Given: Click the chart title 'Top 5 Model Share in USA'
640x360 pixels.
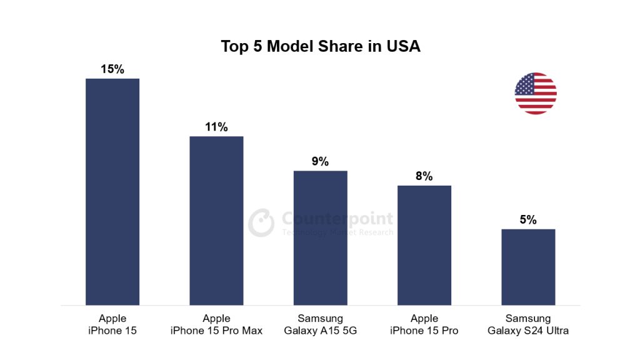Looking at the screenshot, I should pyautogui.click(x=320, y=46).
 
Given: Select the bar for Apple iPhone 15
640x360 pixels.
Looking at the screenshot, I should pyautogui.click(x=112, y=191).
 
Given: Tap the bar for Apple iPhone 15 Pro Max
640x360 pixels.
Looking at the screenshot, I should pyautogui.click(x=216, y=220).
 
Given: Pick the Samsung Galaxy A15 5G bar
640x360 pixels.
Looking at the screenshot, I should pyautogui.click(x=320, y=237).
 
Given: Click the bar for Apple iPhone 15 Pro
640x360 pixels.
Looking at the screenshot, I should pyautogui.click(x=424, y=245).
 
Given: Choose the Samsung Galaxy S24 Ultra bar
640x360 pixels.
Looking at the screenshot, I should pyautogui.click(x=528, y=267).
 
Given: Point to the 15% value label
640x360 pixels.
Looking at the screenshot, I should pyautogui.click(x=112, y=69).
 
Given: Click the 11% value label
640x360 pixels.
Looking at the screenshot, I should pyautogui.click(x=216, y=127).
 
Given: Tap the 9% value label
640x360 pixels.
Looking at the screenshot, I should pyautogui.click(x=320, y=161).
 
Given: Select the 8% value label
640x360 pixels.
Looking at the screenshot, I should pyautogui.click(x=424, y=176).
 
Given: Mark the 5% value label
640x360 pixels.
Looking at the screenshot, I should pyautogui.click(x=528, y=220).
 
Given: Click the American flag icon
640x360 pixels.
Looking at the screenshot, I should pyautogui.click(x=536, y=93).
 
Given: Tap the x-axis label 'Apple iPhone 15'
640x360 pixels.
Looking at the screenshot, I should pyautogui.click(x=112, y=324).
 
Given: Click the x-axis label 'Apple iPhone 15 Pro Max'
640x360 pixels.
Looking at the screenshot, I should pyautogui.click(x=216, y=324).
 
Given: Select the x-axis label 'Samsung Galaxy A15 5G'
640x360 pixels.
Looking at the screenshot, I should pyautogui.click(x=320, y=324).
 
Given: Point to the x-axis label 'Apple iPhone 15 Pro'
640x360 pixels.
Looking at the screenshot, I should pyautogui.click(x=424, y=324).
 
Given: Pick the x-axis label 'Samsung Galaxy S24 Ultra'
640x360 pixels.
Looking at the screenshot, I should pyautogui.click(x=528, y=324).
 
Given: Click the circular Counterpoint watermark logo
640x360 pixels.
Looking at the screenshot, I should pyautogui.click(x=261, y=223).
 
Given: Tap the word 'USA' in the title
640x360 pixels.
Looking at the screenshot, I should pyautogui.click(x=402, y=46).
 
